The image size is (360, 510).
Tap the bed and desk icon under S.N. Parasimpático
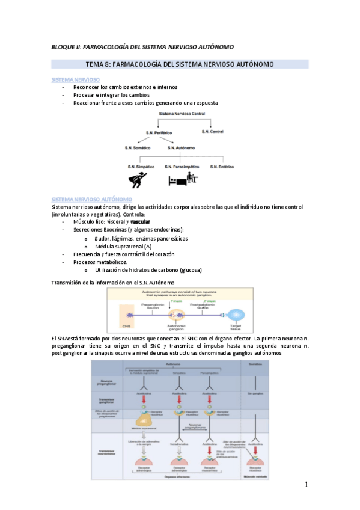[x=183, y=179]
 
